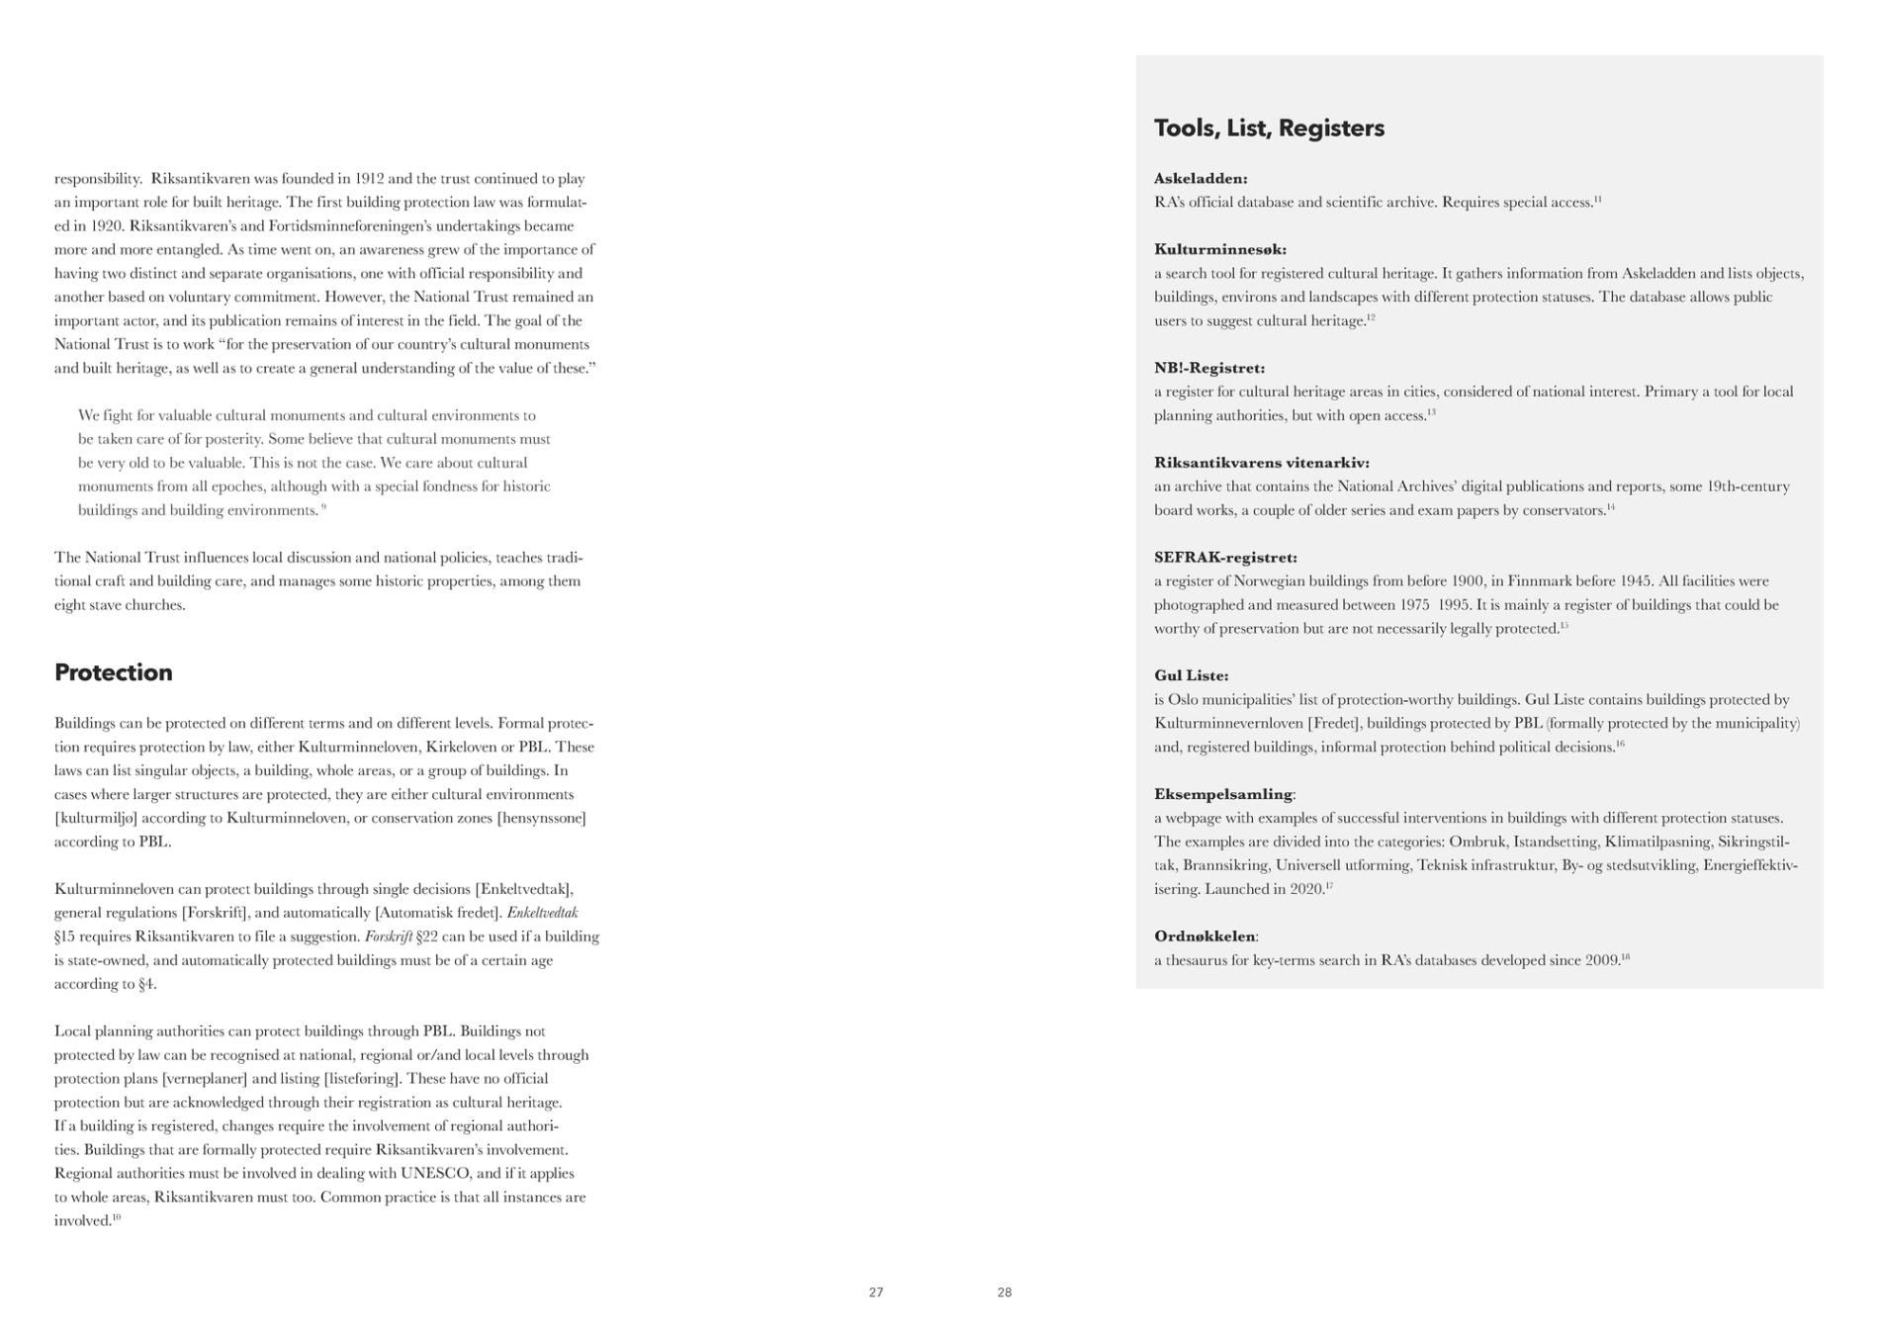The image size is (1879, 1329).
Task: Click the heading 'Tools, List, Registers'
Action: click(1269, 129)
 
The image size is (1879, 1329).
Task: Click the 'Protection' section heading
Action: click(113, 672)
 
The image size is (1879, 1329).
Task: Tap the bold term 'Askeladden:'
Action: click(1201, 179)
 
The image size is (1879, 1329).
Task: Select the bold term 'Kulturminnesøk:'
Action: click(1219, 249)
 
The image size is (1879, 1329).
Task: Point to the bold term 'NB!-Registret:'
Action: click(1208, 368)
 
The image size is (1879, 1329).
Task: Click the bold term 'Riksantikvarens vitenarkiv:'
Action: click(1261, 463)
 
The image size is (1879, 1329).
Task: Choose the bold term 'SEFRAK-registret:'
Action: click(1225, 558)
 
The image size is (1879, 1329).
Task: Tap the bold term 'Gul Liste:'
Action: click(1191, 675)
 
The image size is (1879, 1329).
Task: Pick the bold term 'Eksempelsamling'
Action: click(1222, 794)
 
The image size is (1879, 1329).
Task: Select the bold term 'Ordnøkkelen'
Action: click(1204, 936)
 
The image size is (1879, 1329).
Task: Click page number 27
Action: click(876, 1292)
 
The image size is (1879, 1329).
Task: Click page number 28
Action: click(1004, 1292)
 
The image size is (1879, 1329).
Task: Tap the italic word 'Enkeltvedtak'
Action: click(542, 913)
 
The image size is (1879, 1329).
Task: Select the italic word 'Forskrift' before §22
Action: click(388, 936)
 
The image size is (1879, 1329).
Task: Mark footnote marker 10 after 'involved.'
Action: click(117, 1217)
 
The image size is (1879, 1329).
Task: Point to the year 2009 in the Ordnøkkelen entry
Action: click(1602, 960)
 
